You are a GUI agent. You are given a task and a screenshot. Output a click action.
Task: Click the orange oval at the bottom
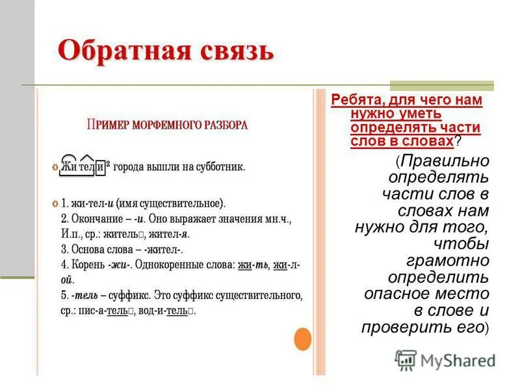tap(303, 338)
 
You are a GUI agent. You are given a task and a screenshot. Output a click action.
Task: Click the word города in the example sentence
tap(133, 167)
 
